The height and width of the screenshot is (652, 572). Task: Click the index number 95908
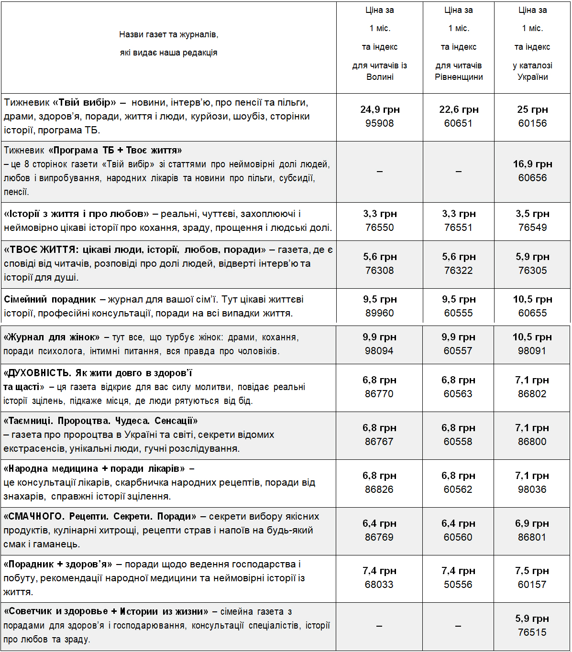pyautogui.click(x=379, y=123)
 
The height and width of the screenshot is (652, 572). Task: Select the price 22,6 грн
pyautogui.click(x=459, y=109)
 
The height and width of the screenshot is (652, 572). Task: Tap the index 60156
pyautogui.click(x=532, y=123)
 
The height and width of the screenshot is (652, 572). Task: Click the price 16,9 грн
pyautogui.click(x=532, y=164)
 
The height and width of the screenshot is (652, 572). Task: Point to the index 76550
pyautogui.click(x=379, y=228)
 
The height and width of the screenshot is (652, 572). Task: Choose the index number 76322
pyautogui.click(x=458, y=271)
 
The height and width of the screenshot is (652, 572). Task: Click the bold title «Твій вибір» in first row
pyautogui.click(x=84, y=102)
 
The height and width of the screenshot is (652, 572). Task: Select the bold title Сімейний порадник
pyautogui.click(x=50, y=300)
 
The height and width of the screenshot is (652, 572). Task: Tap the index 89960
pyautogui.click(x=379, y=313)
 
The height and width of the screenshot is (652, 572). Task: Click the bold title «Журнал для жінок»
pyautogui.click(x=52, y=337)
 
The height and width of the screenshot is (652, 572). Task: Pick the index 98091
pyautogui.click(x=532, y=351)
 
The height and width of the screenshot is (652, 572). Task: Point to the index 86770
pyautogui.click(x=379, y=394)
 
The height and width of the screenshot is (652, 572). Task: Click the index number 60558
pyautogui.click(x=458, y=442)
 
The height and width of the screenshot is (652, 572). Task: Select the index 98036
pyautogui.click(x=532, y=489)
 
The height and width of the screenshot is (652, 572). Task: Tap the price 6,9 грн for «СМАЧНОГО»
pyautogui.click(x=532, y=523)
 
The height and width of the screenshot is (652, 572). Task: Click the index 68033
pyautogui.click(x=379, y=585)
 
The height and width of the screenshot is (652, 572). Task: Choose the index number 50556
pyautogui.click(x=458, y=585)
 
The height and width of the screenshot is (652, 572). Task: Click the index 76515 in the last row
pyautogui.click(x=532, y=632)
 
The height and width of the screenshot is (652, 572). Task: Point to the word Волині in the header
pyautogui.click(x=380, y=77)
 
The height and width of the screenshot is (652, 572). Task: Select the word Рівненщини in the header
pyautogui.click(x=459, y=77)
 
